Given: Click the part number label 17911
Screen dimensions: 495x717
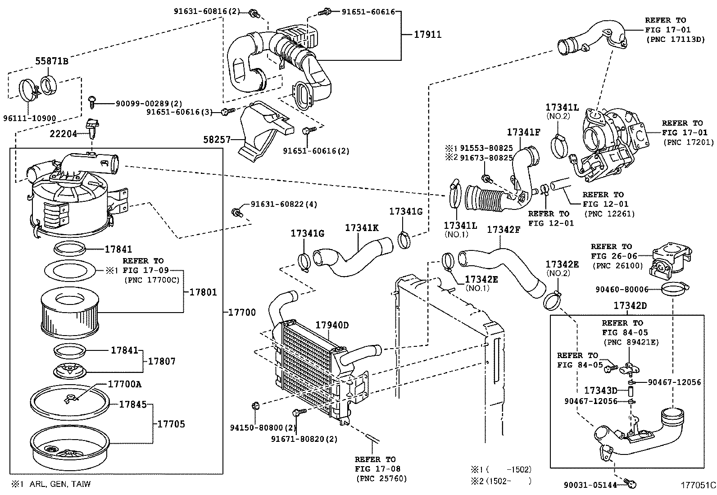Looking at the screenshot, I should pyautogui.click(x=427, y=34).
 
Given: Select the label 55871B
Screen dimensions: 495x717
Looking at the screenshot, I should pyautogui.click(x=52, y=61).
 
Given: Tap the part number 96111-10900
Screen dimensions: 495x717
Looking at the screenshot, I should pyautogui.click(x=30, y=119).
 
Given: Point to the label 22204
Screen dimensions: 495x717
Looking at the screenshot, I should pyautogui.click(x=63, y=134).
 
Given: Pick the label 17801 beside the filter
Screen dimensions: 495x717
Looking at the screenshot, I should pyautogui.click(x=203, y=292).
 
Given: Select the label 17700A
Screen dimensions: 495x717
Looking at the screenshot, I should pyautogui.click(x=124, y=384).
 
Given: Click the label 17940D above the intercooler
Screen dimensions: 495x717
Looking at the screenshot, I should pyautogui.click(x=332, y=325).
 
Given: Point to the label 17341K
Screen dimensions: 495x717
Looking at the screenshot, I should pyautogui.click(x=362, y=228).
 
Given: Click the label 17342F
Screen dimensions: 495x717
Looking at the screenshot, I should pyautogui.click(x=504, y=230).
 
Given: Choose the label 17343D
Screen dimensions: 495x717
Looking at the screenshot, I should pyautogui.click(x=600, y=390).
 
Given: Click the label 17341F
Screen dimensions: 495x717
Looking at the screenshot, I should pyautogui.click(x=523, y=132).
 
